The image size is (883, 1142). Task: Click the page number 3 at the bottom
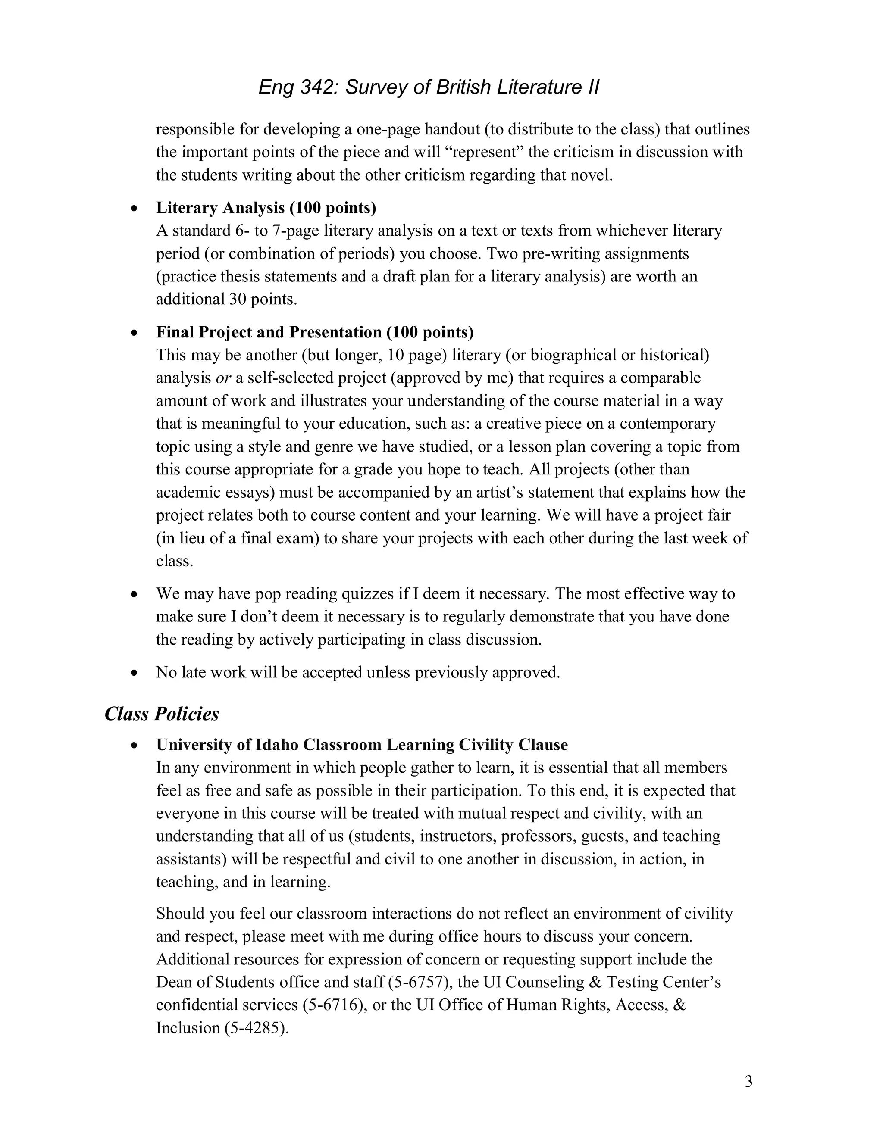coord(748,1081)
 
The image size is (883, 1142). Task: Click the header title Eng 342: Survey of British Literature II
coord(429,87)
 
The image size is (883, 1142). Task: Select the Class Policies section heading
coord(162,714)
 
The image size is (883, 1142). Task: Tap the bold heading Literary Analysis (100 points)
coord(266,208)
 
